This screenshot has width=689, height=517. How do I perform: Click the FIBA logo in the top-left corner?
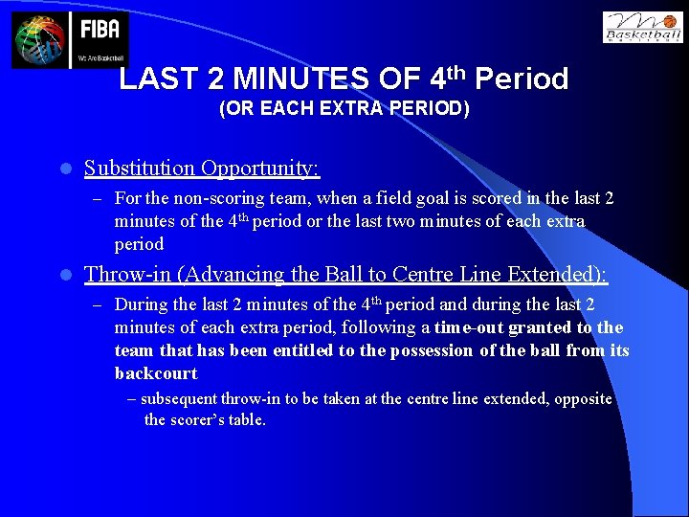[70, 40]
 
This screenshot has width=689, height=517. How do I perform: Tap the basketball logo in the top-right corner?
[642, 27]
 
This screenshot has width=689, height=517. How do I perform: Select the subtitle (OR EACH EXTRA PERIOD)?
[344, 109]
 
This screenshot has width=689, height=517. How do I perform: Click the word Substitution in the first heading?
[140, 169]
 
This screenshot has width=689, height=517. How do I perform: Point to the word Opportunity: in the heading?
[260, 169]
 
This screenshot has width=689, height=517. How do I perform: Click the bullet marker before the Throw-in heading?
[64, 275]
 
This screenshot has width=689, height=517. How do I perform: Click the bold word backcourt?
[156, 373]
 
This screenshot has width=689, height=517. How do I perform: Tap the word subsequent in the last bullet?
[177, 398]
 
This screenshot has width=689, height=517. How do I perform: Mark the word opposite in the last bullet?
[581, 398]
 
